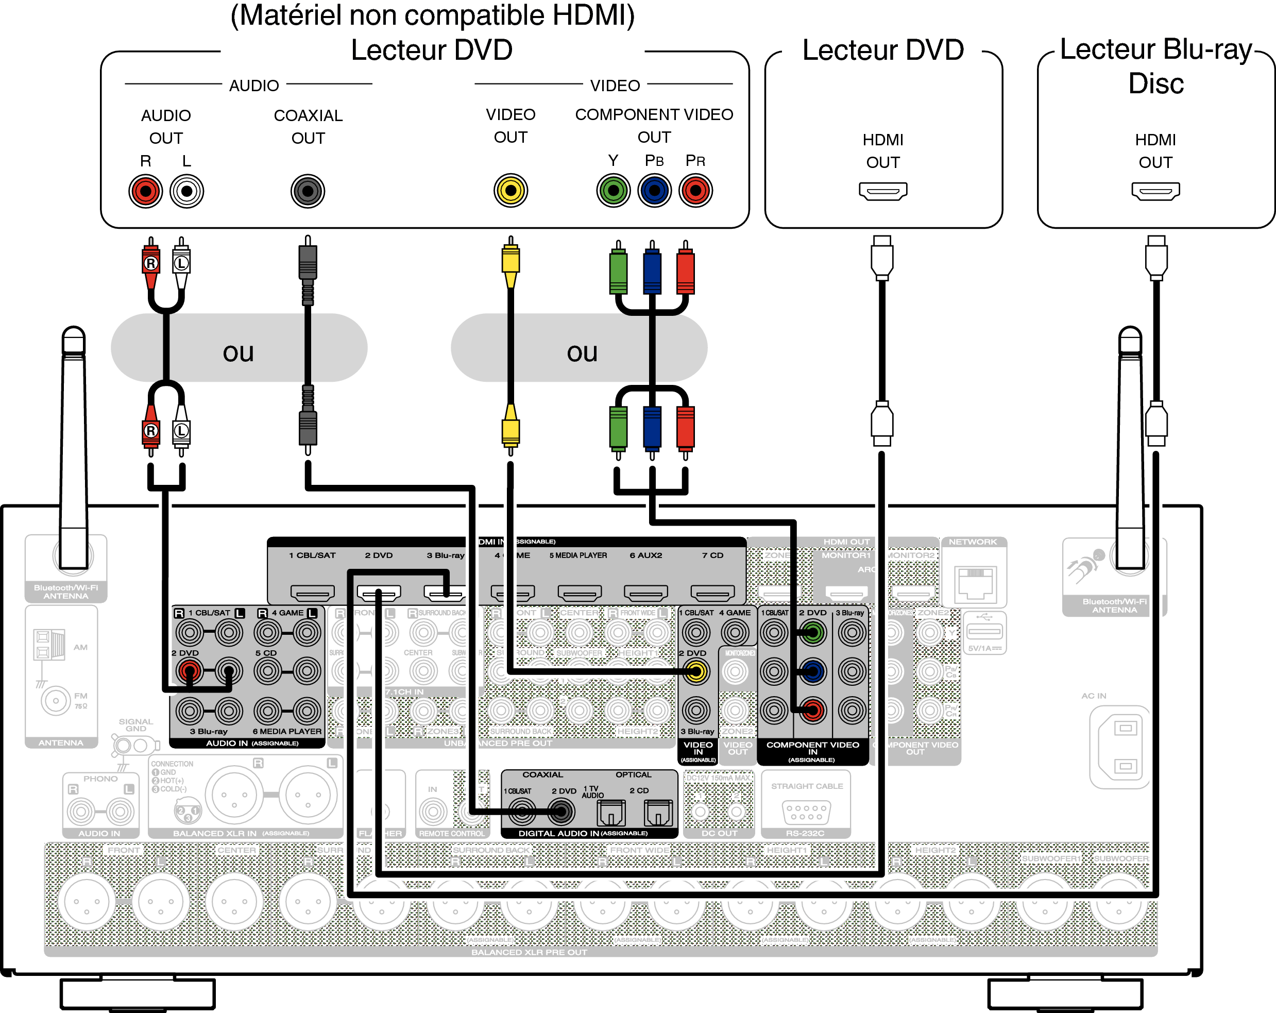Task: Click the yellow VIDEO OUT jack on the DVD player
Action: coord(510,191)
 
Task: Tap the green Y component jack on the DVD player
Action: coord(613,191)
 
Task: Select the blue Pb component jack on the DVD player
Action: coord(655,191)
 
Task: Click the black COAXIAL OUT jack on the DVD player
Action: coord(308,191)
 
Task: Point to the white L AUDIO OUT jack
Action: coord(186,191)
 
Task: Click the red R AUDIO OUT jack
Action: coord(146,191)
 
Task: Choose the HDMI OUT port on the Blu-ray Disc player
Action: coord(1155,191)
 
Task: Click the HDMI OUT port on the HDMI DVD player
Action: coord(882,191)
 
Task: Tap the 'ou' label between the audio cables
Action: coord(239,353)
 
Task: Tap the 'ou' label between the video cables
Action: coord(582,353)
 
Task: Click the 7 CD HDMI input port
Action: coord(712,592)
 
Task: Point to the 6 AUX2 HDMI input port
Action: coord(645,592)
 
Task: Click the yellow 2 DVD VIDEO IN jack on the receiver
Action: coord(696,671)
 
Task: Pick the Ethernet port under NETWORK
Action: coord(974,583)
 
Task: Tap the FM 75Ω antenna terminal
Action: coord(55,700)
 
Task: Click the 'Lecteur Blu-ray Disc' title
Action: coord(1155,65)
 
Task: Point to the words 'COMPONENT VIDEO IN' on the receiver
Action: coord(812,748)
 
